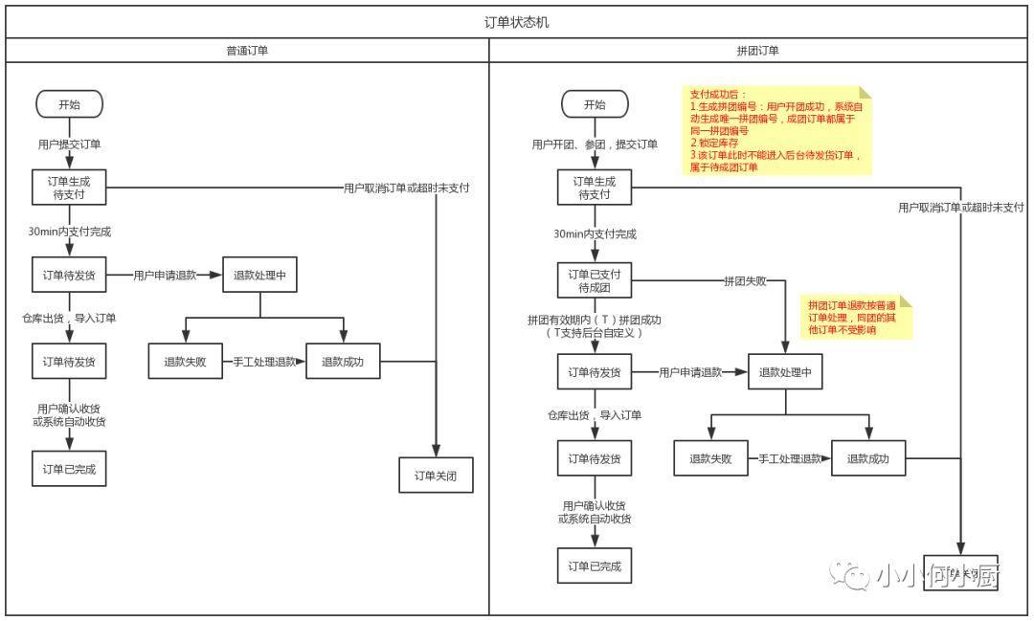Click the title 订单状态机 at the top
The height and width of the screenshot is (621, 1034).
517,22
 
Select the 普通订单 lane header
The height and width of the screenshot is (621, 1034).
247,51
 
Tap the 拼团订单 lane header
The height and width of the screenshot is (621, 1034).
758,51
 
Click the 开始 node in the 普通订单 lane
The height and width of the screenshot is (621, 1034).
69,104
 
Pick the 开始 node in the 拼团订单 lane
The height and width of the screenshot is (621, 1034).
595,104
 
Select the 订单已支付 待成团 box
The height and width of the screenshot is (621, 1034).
595,281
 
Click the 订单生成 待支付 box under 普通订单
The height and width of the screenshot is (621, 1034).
69,188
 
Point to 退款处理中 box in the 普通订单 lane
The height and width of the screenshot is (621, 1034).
259,275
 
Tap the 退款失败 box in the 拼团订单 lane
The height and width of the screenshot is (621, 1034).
710,458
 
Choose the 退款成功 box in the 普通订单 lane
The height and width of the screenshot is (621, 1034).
343,362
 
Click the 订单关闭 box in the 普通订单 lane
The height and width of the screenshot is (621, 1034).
436,475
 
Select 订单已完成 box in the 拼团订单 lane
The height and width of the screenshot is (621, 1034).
595,566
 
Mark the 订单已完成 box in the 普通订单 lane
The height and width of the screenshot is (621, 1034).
69,469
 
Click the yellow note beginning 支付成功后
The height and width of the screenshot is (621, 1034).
776,130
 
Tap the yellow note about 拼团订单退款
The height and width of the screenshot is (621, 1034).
856,317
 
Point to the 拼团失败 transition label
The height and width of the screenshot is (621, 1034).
744,281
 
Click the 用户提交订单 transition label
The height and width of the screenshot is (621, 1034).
69,144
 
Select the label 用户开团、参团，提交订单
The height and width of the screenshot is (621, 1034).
595,144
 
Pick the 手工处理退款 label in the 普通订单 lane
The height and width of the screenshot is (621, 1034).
265,362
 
